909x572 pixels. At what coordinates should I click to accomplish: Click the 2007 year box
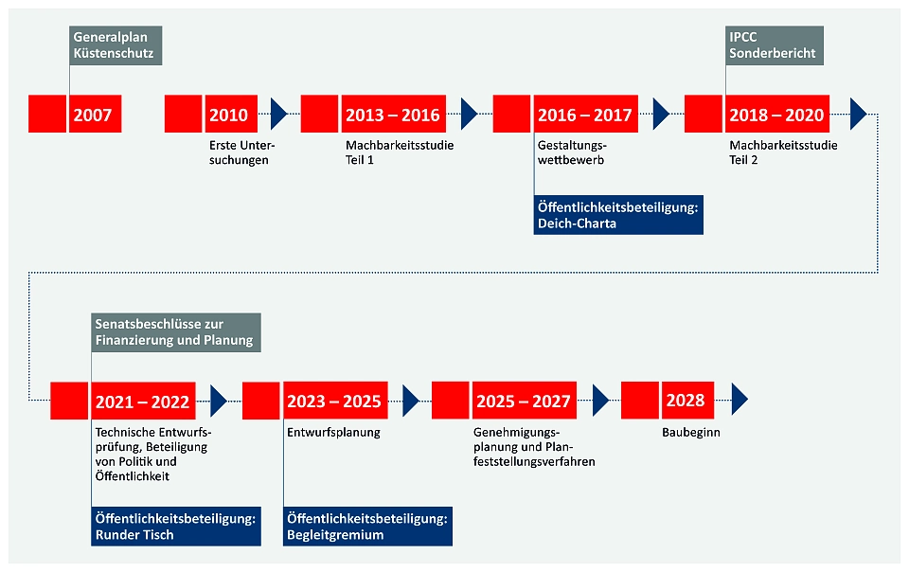tap(92, 115)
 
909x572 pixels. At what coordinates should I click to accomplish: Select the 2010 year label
tap(228, 115)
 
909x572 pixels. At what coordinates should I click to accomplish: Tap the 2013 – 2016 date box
tap(393, 115)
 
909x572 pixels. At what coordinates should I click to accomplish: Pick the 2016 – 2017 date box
tap(585, 115)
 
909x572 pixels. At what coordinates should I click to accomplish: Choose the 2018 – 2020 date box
tap(776, 115)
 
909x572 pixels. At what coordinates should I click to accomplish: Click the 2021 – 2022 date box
tap(142, 401)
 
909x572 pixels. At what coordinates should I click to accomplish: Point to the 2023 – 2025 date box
tap(334, 401)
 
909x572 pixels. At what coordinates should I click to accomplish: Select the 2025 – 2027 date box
tap(524, 401)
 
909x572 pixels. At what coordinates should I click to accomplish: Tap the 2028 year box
tap(686, 401)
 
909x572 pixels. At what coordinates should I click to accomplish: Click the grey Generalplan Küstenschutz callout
tap(115, 45)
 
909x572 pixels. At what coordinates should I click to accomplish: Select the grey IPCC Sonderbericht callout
tap(774, 45)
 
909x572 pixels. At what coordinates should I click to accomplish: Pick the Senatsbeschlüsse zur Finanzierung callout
tap(174, 332)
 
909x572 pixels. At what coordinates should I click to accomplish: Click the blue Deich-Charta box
tap(617, 216)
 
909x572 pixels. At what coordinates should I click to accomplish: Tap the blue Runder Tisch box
tap(175, 527)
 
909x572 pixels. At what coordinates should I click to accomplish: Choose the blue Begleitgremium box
tap(367, 527)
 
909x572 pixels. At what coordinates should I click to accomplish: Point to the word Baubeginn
tap(689, 433)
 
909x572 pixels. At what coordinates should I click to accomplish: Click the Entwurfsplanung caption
tap(333, 433)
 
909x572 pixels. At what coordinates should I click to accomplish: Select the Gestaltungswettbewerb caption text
tap(572, 153)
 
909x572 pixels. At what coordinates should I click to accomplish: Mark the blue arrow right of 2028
tap(740, 401)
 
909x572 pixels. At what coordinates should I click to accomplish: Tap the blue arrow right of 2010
tap(278, 115)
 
